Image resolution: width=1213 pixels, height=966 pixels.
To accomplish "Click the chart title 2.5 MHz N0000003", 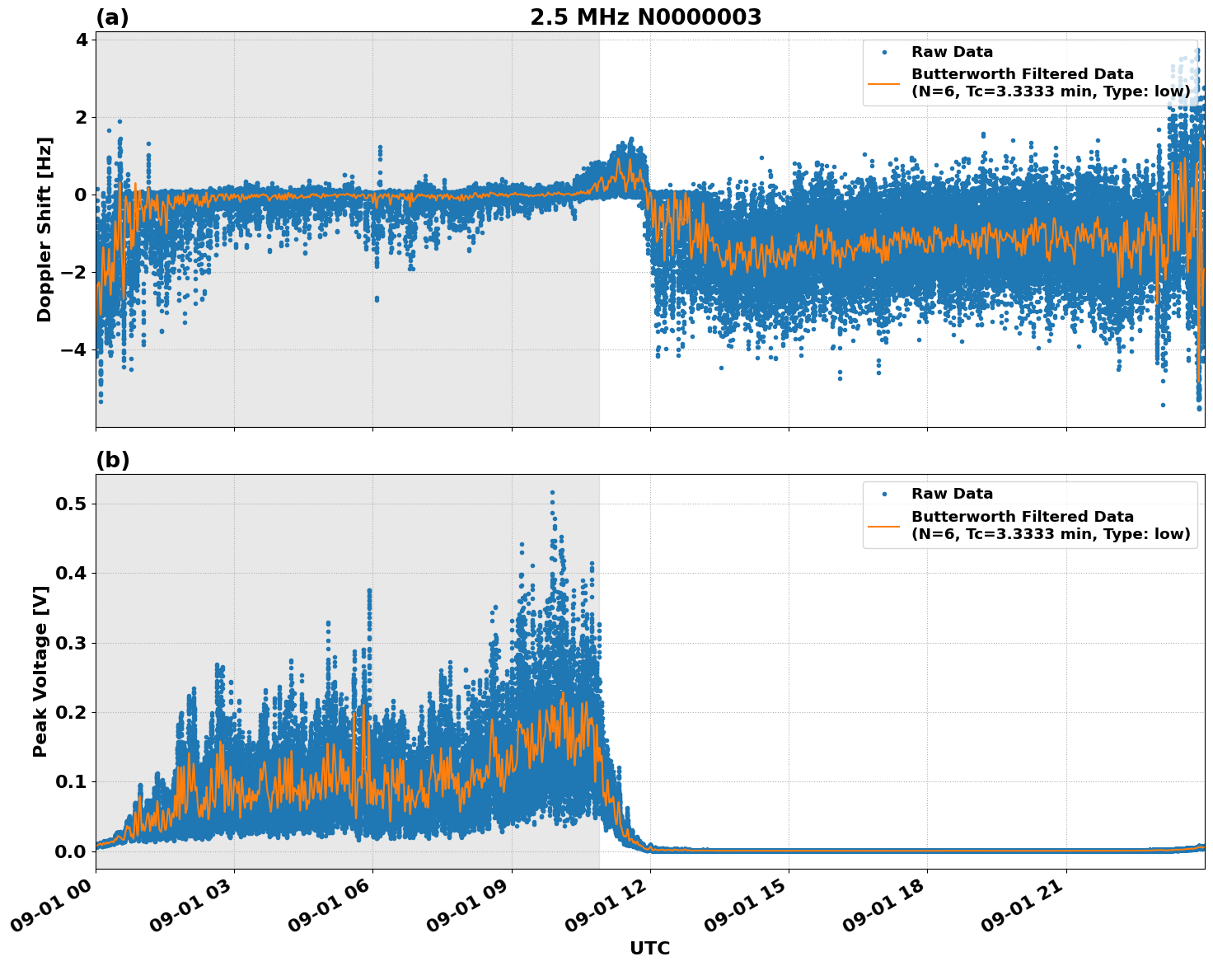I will (645, 16).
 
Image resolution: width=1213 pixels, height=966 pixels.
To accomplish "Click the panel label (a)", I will (112, 17).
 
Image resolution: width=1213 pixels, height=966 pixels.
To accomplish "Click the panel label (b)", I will (113, 460).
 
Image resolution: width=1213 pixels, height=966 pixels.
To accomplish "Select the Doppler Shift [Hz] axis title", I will (44, 229).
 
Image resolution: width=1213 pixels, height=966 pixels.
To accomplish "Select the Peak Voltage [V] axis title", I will (40, 671).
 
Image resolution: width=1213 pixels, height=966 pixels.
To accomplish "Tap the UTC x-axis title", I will (649, 948).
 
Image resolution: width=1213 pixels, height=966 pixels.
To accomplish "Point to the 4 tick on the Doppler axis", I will (81, 40).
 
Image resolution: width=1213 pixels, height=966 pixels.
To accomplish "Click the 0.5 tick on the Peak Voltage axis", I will (71, 504).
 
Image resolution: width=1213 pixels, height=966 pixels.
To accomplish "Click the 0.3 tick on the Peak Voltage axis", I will (71, 643).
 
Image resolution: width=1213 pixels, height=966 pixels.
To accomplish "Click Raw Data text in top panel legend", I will (952, 52).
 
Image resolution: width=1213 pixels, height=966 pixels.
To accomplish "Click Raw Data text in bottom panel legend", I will (952, 494).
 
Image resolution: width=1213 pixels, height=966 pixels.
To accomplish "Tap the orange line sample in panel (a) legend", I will (884, 82).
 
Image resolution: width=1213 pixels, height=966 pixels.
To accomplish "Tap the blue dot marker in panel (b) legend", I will (884, 494).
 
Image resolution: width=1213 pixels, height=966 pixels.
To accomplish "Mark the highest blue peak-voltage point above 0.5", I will (552, 492).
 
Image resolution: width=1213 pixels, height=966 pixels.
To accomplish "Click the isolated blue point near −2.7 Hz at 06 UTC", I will (377, 298).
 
